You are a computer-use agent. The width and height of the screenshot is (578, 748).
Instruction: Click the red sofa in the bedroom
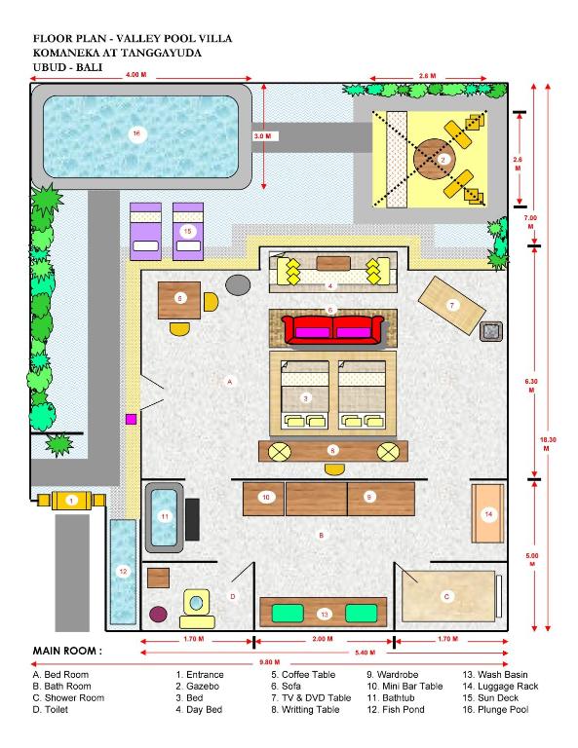tap(332, 329)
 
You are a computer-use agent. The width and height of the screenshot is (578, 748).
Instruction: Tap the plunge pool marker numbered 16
tap(136, 133)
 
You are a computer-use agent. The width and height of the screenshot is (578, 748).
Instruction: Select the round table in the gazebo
tap(435, 160)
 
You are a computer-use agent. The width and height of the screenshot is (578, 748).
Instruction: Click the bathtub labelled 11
tap(164, 517)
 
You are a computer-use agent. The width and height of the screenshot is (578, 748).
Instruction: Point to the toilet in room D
tap(196, 608)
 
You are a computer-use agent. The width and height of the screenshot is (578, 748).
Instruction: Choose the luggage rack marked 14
tap(487, 513)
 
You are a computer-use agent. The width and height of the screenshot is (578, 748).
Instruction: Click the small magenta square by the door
tap(131, 420)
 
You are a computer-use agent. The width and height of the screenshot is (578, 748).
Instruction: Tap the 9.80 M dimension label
tap(270, 662)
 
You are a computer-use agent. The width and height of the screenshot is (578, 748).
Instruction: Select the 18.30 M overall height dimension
tap(546, 444)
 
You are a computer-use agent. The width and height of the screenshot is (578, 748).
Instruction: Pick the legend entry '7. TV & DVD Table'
tap(311, 698)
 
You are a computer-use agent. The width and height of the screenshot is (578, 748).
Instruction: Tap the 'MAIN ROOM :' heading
tap(67, 651)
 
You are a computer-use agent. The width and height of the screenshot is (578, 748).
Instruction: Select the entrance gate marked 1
tap(71, 501)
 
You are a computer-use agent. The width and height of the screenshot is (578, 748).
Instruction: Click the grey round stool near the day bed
tap(238, 284)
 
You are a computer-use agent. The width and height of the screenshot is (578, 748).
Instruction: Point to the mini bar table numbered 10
tap(264, 499)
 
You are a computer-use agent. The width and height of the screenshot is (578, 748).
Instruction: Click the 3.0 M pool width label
tap(262, 136)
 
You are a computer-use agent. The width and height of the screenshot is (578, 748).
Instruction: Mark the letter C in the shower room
tap(446, 596)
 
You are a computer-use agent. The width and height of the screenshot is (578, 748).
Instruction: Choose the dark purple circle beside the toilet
tap(159, 614)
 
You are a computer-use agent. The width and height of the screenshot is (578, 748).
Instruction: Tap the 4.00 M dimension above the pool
tap(136, 75)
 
